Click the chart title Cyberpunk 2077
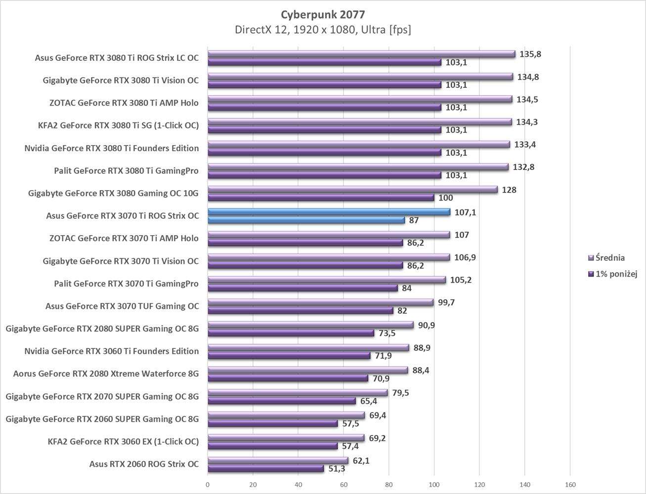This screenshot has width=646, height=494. (323, 14)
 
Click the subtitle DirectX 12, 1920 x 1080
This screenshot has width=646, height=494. (323, 30)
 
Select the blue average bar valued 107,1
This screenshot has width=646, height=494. (329, 212)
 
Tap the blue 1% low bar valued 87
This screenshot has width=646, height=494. (306, 220)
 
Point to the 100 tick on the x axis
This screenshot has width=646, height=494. (434, 485)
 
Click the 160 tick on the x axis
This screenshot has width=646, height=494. (570, 485)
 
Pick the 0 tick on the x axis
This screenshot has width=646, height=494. (208, 485)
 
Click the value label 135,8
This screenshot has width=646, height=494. (530, 54)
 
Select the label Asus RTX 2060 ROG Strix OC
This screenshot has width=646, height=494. (144, 464)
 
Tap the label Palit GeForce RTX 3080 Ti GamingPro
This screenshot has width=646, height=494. (126, 171)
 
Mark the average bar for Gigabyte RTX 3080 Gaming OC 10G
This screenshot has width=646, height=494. (352, 189)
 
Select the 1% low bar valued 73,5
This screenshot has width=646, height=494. (291, 333)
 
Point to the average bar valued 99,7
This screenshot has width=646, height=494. (320, 302)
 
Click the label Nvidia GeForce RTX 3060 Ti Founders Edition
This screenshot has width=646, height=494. (111, 351)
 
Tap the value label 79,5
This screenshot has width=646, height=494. (400, 393)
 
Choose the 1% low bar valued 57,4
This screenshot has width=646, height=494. (272, 446)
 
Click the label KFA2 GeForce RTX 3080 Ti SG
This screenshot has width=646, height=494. (118, 125)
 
